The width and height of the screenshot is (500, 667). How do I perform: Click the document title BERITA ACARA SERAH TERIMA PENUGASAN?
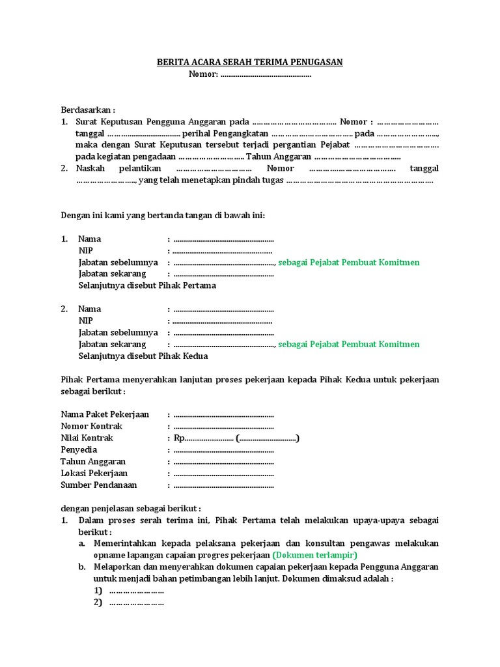pos(249,62)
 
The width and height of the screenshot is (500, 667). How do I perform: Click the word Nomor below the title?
pos(202,74)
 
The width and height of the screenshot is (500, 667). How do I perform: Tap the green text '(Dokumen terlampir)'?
pos(314,555)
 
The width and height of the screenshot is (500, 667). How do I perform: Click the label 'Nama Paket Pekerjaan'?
pos(105,414)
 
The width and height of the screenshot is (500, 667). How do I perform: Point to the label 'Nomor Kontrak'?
pos(91,426)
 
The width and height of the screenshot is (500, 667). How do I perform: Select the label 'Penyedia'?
pos(79,449)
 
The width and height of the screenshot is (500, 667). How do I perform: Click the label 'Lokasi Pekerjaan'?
pos(94,473)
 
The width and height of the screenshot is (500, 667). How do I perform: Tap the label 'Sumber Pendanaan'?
pos(99,485)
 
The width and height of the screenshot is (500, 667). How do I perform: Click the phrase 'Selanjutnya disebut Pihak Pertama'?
pos(147,285)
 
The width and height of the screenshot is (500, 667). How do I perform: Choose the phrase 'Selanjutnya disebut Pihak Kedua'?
pos(143,356)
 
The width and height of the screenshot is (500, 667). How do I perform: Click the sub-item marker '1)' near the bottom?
pos(98,591)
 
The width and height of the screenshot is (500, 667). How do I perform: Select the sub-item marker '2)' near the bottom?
pos(98,603)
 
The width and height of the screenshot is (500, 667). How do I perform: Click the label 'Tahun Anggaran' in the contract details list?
pos(93,461)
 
